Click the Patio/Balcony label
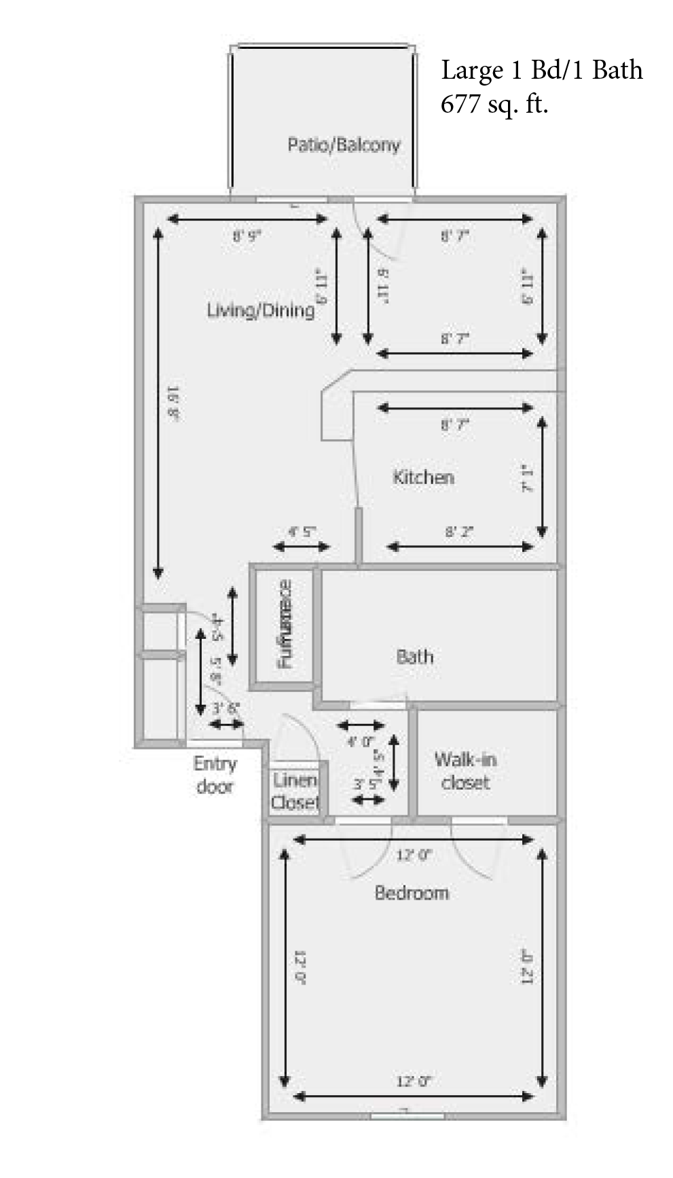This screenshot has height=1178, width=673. click(x=344, y=145)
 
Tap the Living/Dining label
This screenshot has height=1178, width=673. click(x=261, y=310)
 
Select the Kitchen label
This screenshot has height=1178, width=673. click(x=423, y=477)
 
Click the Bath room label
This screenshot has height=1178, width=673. click(x=414, y=657)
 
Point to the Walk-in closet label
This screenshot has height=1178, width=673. click(x=465, y=771)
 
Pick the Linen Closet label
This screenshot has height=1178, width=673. click(x=295, y=792)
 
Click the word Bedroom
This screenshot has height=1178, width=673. click(x=412, y=893)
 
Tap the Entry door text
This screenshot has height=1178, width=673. click(x=215, y=775)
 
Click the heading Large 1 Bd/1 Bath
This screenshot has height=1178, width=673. click(x=541, y=70)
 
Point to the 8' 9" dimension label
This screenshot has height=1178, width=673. click(x=247, y=236)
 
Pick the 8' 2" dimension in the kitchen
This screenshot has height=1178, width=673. click(x=459, y=532)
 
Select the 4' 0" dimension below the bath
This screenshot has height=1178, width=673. click(x=361, y=741)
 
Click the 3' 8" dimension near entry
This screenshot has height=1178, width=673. click(x=225, y=708)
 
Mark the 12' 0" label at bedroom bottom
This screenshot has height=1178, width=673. click(x=414, y=1081)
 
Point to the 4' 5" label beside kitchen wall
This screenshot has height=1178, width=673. click(x=302, y=532)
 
